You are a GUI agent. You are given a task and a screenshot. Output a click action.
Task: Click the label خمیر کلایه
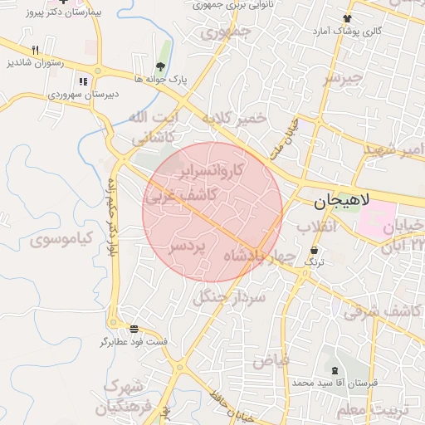[235, 118]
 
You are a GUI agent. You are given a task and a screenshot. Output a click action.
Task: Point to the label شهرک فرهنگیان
[125, 398]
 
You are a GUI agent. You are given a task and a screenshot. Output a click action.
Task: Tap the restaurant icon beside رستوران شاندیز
[35, 51]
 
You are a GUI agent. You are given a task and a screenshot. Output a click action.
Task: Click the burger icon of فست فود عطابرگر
[134, 328]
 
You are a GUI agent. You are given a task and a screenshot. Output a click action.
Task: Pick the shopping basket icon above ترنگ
[315, 250]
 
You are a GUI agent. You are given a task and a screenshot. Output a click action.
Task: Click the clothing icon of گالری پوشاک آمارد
[347, 17]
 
